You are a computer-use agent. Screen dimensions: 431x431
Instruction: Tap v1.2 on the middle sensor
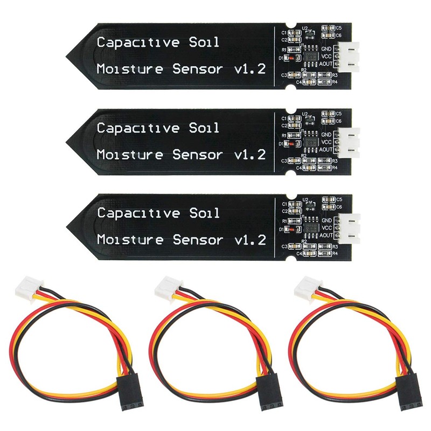pyautogui.click(x=251, y=155)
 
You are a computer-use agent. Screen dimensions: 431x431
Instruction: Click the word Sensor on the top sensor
pyautogui.click(x=198, y=69)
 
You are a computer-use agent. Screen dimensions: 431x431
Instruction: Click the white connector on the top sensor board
pyautogui.click(x=351, y=55)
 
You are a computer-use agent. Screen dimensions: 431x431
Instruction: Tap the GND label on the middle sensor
pyautogui.click(x=326, y=134)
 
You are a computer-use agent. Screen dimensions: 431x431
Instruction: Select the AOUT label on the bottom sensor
pyautogui.click(x=326, y=235)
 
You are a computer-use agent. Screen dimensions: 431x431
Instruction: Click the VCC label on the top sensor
pyautogui.click(x=326, y=55)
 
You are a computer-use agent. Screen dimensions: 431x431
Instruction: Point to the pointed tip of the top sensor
pyautogui.click(x=67, y=55)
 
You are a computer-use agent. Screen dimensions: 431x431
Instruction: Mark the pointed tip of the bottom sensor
pyautogui.click(x=67, y=226)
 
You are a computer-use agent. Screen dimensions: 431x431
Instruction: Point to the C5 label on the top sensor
pyautogui.click(x=338, y=26)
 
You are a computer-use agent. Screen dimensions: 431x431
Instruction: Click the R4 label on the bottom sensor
pyautogui.click(x=335, y=253)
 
